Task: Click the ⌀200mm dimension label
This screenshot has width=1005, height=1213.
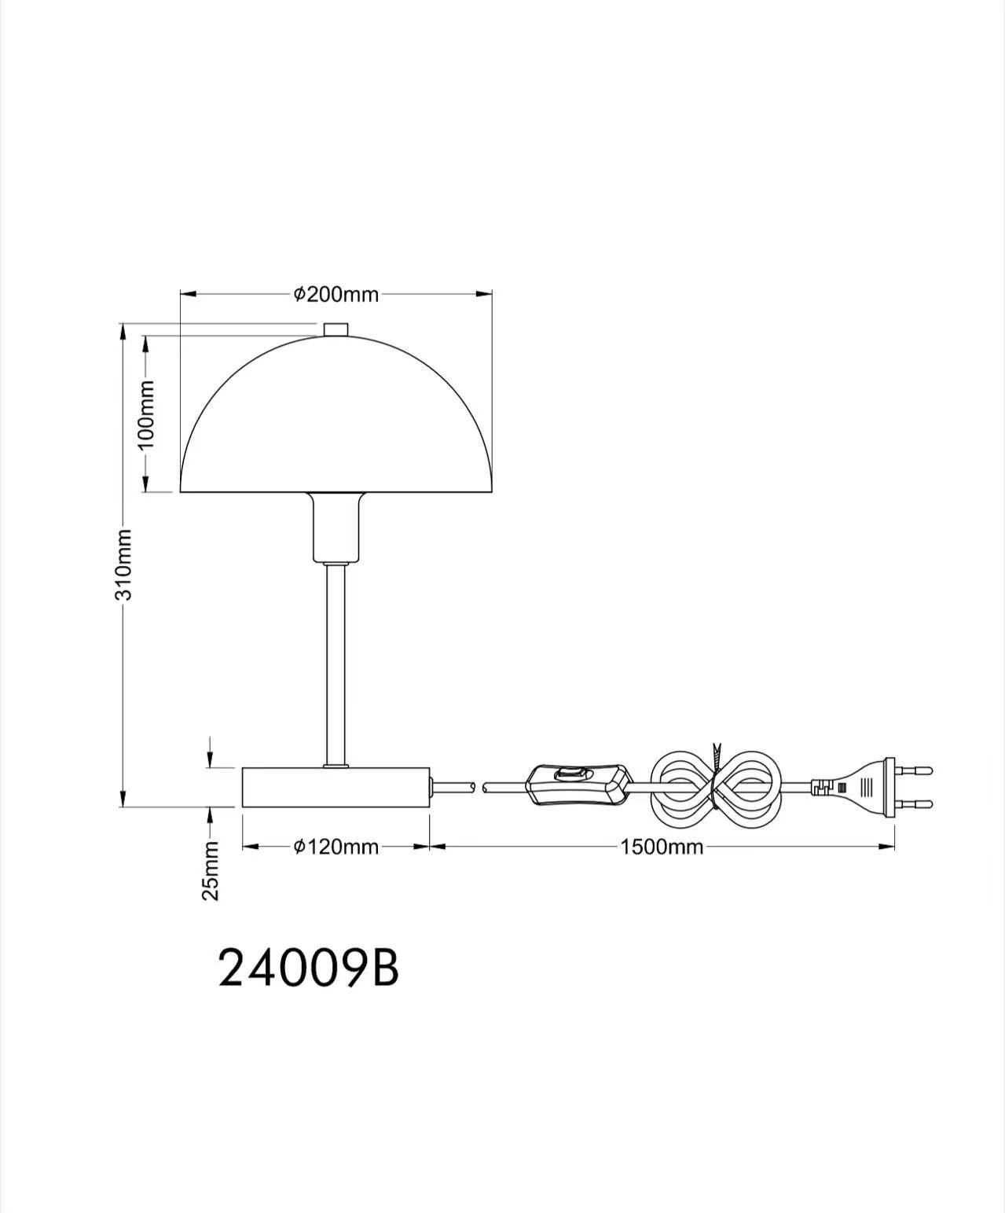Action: [336, 295]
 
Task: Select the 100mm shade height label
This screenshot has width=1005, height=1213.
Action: [147, 414]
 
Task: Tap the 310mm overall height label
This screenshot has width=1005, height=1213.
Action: [124, 564]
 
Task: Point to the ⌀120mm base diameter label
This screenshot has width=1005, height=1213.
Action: [336, 847]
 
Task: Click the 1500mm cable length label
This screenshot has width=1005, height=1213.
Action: [662, 847]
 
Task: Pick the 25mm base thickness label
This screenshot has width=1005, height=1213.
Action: [211, 870]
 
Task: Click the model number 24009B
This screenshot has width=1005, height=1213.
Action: [308, 969]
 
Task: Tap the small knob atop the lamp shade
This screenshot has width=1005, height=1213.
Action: [336, 329]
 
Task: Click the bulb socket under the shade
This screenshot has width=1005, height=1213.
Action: [336, 527]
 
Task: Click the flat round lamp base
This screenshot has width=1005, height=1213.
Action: [336, 787]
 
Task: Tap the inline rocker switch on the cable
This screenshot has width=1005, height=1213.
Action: [580, 784]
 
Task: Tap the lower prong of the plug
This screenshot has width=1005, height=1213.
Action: [914, 804]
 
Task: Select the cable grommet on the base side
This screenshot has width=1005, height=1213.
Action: [432, 785]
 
